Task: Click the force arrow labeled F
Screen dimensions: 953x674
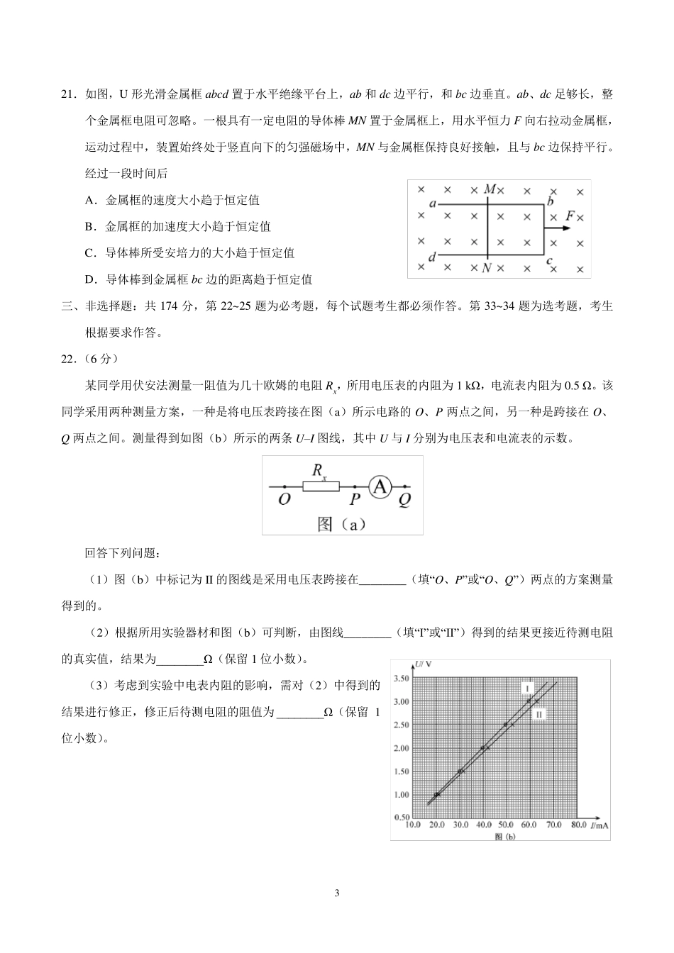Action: [558, 228]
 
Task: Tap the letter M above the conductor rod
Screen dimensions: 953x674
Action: [490, 189]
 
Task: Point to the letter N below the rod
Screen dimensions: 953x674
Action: [486, 268]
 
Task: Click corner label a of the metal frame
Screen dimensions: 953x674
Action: [432, 204]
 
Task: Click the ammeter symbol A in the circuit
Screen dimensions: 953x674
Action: [381, 486]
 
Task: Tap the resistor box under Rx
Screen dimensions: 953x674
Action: [321, 486]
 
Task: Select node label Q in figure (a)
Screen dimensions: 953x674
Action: [404, 500]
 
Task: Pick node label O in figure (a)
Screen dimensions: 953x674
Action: [284, 500]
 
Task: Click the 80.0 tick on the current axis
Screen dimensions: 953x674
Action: [576, 825]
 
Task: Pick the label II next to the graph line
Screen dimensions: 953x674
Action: [539, 714]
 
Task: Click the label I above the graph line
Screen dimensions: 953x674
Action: [527, 688]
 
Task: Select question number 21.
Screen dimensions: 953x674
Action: [69, 94]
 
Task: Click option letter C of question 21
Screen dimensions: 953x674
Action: [89, 253]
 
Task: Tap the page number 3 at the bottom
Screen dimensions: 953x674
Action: [337, 893]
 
